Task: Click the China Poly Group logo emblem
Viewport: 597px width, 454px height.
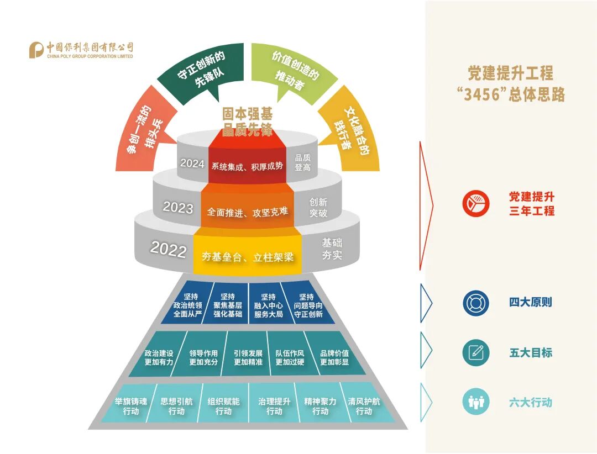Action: click(36, 50)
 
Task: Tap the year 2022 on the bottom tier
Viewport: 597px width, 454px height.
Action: click(168, 250)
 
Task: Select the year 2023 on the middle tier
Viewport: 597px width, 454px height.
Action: click(178, 208)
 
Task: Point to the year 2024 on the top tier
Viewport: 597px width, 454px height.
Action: click(192, 163)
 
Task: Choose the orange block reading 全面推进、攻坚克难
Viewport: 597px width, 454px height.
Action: click(247, 212)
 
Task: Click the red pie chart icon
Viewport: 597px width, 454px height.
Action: click(476, 203)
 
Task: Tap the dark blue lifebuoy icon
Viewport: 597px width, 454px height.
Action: click(476, 303)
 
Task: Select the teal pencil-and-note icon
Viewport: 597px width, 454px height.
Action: click(476, 353)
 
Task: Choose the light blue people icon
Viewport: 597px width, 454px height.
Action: click(476, 403)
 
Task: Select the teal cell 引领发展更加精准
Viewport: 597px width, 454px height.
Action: click(248, 357)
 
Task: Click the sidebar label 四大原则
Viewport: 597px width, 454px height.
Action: click(530, 303)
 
